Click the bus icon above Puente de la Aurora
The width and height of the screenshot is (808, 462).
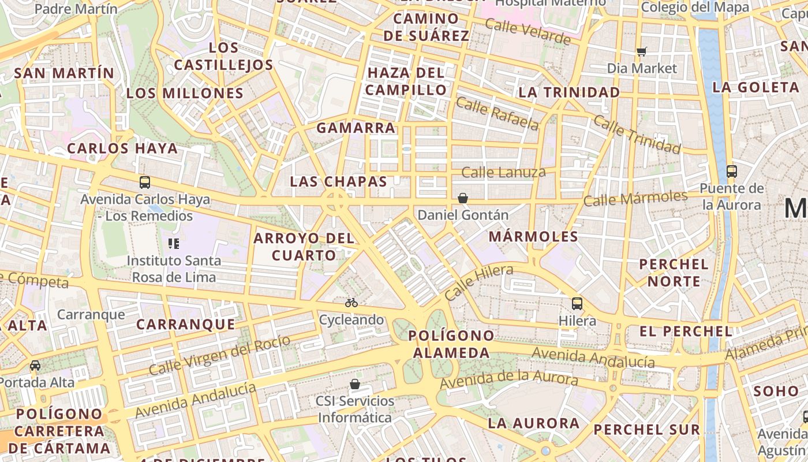click(731, 171)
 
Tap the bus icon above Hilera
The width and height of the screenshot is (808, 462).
click(577, 303)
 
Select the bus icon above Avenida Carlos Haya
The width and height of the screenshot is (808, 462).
click(145, 182)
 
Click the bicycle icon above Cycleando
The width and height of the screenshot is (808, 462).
click(351, 303)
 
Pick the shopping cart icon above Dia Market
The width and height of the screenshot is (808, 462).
click(642, 51)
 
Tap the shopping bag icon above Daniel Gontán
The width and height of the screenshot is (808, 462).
click(462, 198)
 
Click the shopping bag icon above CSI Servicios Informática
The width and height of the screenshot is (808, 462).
click(355, 384)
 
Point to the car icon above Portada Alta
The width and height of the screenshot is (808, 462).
click(35, 365)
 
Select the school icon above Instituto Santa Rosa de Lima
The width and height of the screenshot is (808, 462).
click(174, 243)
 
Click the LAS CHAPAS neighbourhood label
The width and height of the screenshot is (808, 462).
click(338, 181)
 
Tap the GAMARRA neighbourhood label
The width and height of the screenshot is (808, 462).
click(356, 128)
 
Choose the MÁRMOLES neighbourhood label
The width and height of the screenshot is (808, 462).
click(533, 236)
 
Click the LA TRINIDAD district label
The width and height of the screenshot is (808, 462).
click(569, 92)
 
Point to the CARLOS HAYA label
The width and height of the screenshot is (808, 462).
click(122, 148)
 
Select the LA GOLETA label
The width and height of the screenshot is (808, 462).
click(755, 88)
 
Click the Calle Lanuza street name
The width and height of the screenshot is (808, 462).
click(503, 172)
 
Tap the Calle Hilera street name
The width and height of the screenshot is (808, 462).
click(478, 282)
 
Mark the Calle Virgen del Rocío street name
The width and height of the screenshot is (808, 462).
click(219, 354)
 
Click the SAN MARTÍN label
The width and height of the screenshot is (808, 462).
click(64, 73)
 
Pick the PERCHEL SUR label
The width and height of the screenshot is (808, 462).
click(646, 430)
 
